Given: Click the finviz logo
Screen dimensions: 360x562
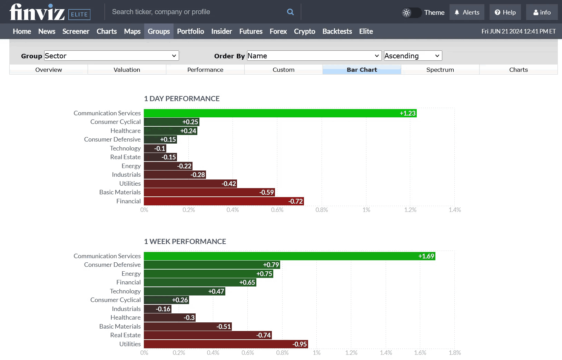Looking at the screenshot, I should tap(37, 12).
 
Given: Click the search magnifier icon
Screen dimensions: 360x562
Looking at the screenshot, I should tap(290, 12).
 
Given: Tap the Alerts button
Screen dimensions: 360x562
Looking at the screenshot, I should tap(467, 12).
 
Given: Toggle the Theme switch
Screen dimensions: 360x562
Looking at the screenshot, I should tap(412, 13).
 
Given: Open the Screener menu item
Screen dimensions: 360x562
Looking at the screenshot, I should tap(76, 31).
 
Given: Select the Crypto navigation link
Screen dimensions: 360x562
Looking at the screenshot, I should tap(304, 31).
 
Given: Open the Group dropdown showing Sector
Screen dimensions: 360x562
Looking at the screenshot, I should tap(111, 56).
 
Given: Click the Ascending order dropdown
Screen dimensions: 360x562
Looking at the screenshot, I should tap(413, 56).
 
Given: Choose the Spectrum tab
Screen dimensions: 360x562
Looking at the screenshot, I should tap(440, 70).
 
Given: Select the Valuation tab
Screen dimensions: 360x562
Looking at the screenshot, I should tap(127, 70).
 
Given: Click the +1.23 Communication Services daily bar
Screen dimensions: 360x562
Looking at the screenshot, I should tap(280, 113).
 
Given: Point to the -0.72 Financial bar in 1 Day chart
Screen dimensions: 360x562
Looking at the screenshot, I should tap(224, 201).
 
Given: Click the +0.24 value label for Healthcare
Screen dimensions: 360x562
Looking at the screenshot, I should tap(188, 131).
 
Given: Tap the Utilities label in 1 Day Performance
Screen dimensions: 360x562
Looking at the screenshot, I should tap(130, 184).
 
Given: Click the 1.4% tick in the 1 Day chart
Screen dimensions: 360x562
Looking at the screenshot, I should tap(455, 210).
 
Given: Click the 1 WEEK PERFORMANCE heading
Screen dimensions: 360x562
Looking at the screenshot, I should tap(185, 242).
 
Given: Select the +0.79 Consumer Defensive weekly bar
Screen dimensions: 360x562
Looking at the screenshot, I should tap(212, 265).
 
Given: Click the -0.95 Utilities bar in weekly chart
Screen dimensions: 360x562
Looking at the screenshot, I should tap(226, 344).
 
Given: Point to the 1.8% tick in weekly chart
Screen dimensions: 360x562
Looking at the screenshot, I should tap(455, 353).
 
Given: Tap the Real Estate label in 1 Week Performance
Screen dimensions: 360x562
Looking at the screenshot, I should tap(125, 335).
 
